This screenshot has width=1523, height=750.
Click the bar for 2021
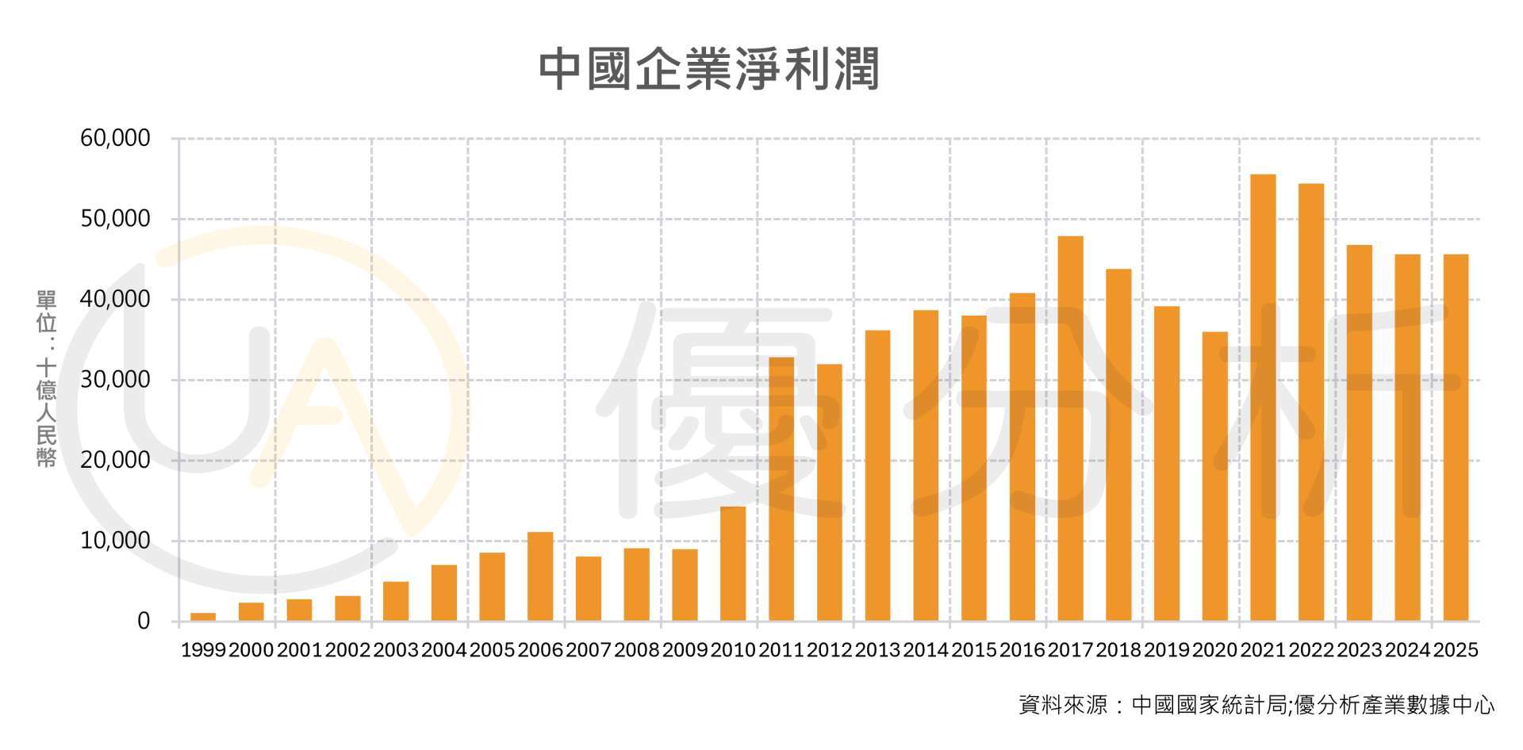(1263, 396)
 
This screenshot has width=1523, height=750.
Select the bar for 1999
(203, 616)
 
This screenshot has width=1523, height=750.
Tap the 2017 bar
(1070, 428)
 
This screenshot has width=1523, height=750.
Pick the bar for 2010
(733, 563)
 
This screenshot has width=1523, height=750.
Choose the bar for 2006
(540, 576)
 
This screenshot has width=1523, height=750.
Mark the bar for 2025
(1456, 437)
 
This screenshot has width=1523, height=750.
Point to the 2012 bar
(829, 492)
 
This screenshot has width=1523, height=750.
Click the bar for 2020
(1214, 476)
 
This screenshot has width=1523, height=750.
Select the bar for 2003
(396, 601)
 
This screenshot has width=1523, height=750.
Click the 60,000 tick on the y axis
(115, 139)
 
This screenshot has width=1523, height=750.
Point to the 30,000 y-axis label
(115, 380)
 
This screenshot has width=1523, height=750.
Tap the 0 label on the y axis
(144, 622)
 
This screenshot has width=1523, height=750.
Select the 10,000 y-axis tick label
(115, 541)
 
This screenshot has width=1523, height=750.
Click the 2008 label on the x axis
(636, 651)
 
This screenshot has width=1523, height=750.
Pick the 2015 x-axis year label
(973, 651)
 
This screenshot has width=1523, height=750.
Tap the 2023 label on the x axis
(1359, 651)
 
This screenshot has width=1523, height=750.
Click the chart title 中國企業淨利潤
(708, 70)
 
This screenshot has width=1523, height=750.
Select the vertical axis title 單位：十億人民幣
(46, 379)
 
